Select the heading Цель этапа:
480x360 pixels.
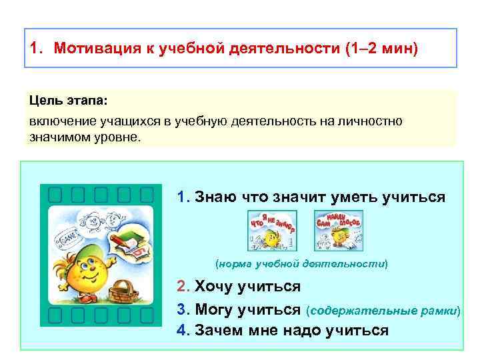pyautogui.click(x=67, y=99)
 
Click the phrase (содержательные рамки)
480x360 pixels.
pyautogui.click(x=383, y=311)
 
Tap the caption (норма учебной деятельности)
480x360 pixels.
pyautogui.click(x=302, y=263)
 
